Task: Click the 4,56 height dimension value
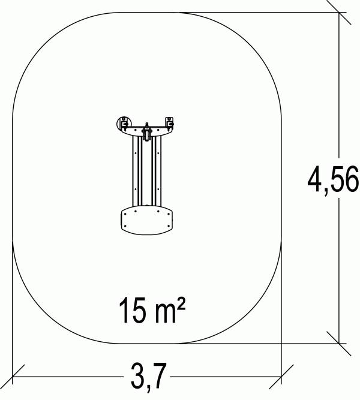[x=333, y=179]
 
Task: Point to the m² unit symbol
[x=169, y=309]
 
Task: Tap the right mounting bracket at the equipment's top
[x=169, y=123]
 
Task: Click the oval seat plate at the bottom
[x=146, y=221]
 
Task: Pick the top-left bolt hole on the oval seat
[x=136, y=211]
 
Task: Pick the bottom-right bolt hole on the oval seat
[x=168, y=226]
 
